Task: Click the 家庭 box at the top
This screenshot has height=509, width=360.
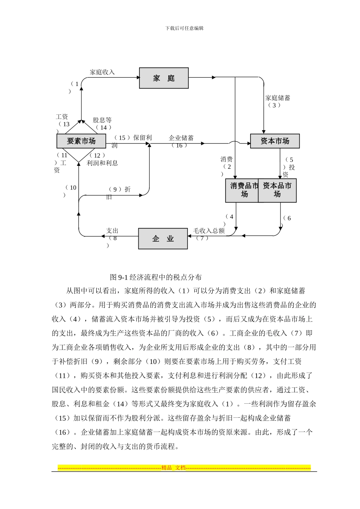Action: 164,78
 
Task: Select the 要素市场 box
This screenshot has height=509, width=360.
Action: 81,141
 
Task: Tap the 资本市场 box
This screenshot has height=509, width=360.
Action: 275,141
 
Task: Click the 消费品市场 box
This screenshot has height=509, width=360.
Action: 243,190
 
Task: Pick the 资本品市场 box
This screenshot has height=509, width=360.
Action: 277,190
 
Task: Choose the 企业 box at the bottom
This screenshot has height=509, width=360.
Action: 163,239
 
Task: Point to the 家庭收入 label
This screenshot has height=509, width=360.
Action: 102,72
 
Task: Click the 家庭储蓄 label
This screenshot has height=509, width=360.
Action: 278,98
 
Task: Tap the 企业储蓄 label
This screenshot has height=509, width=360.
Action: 181,138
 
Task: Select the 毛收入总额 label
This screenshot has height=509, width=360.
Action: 209,231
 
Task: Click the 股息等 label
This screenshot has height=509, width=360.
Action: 102,120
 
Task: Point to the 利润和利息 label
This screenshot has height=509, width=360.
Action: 102,163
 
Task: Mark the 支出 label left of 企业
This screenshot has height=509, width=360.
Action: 112,231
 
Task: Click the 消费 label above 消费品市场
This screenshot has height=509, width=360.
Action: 227,159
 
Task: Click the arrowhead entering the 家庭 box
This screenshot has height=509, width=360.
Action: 137,78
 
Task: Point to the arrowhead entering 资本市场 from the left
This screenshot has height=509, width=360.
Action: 248,143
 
